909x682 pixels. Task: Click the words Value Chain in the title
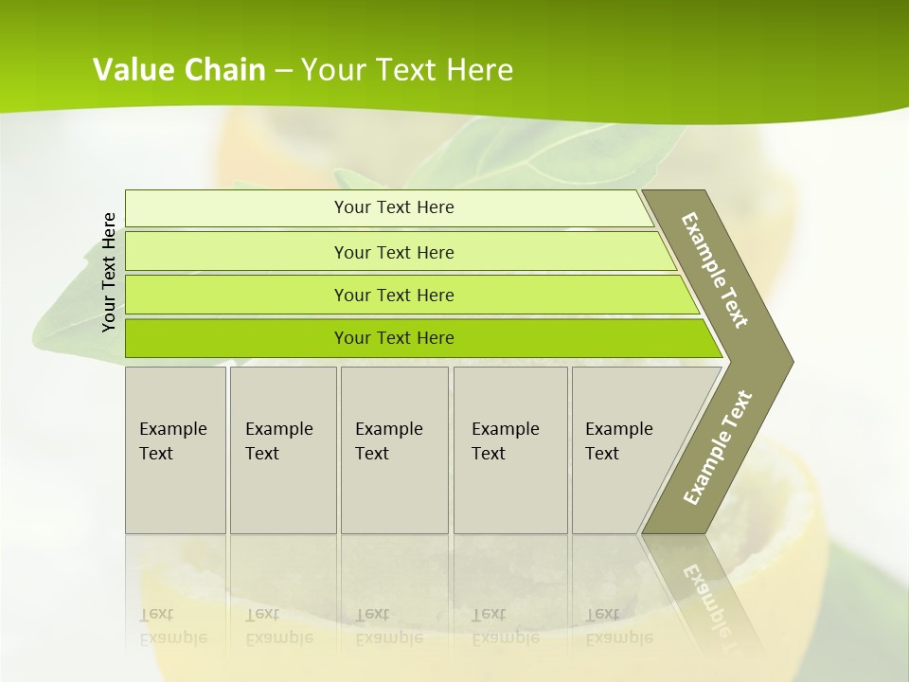179,70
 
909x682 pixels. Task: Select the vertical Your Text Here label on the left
110,272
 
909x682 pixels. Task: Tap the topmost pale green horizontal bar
237,208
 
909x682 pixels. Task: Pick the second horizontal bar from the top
237,252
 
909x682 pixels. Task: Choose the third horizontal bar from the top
237,296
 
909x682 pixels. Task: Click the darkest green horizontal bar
237,338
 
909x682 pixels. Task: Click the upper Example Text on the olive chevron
715,270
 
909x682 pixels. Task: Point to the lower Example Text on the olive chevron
718,447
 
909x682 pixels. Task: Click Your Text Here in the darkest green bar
394,338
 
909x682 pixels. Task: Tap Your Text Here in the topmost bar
394,207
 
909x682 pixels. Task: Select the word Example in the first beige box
172,429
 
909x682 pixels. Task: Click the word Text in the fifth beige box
601,454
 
